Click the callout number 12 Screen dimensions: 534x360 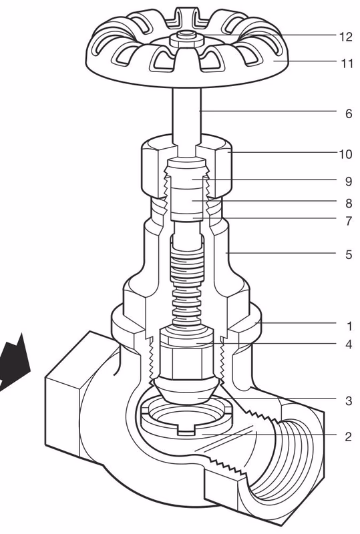[x=345, y=37]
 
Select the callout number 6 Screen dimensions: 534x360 [x=348, y=113]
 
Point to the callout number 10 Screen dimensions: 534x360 [x=345, y=154]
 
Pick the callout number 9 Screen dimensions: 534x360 [x=348, y=180]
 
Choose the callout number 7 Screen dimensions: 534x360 [x=348, y=221]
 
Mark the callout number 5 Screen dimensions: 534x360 [x=348, y=254]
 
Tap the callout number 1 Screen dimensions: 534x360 [x=349, y=326]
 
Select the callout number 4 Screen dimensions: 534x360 [x=348, y=344]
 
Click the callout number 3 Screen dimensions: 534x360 [x=348, y=401]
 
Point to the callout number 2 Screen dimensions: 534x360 [x=348, y=437]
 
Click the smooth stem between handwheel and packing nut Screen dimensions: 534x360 [x=185, y=113]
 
